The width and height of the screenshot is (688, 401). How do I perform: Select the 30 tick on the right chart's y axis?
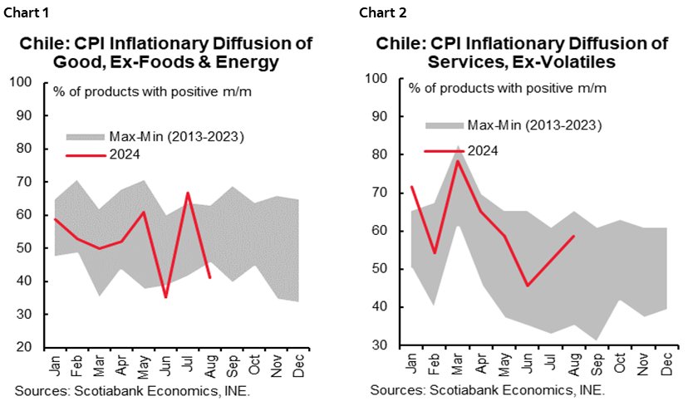380,345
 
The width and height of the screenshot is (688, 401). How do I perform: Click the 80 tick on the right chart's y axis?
380,154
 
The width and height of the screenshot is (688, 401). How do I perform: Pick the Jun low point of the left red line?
166,296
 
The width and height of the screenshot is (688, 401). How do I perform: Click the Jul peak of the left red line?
189,193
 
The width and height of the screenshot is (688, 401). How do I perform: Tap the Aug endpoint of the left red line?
209,278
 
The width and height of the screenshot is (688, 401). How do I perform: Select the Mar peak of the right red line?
457,160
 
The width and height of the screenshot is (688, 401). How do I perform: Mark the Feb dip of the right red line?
435,252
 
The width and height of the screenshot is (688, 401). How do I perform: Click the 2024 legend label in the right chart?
483,150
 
